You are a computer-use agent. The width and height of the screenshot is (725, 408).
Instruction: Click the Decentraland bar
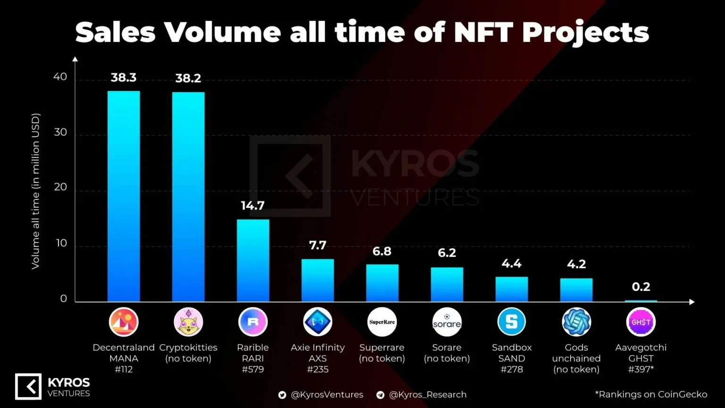(124, 196)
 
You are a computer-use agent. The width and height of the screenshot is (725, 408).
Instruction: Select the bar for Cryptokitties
(188, 196)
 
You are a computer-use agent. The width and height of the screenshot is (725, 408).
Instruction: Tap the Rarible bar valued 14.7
(253, 260)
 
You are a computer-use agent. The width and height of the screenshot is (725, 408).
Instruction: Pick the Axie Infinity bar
(318, 280)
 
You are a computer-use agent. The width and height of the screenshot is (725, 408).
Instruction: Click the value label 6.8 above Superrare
(382, 251)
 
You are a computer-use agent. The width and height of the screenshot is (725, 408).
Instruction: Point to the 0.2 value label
(641, 287)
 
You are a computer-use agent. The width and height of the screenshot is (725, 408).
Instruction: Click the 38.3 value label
(124, 77)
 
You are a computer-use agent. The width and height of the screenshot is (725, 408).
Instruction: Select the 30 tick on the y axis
(60, 132)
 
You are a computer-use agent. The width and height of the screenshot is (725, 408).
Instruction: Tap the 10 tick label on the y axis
(61, 243)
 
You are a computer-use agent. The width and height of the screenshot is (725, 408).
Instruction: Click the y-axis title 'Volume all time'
(36, 191)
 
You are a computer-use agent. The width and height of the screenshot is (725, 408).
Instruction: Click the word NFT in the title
(483, 32)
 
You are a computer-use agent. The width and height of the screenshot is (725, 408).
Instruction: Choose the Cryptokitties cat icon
(188, 322)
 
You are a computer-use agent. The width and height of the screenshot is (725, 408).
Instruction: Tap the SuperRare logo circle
(382, 322)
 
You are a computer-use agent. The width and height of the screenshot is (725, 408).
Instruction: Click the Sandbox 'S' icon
(512, 322)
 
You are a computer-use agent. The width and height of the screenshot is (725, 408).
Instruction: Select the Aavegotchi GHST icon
(641, 322)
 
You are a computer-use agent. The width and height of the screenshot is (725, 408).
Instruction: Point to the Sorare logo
(447, 322)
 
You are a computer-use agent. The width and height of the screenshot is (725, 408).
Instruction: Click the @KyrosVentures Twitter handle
(327, 395)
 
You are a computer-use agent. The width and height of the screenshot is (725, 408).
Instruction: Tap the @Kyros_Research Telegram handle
(427, 395)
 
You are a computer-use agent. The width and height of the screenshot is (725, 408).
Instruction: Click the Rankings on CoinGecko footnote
(651, 394)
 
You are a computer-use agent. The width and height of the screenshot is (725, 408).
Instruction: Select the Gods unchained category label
(576, 358)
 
